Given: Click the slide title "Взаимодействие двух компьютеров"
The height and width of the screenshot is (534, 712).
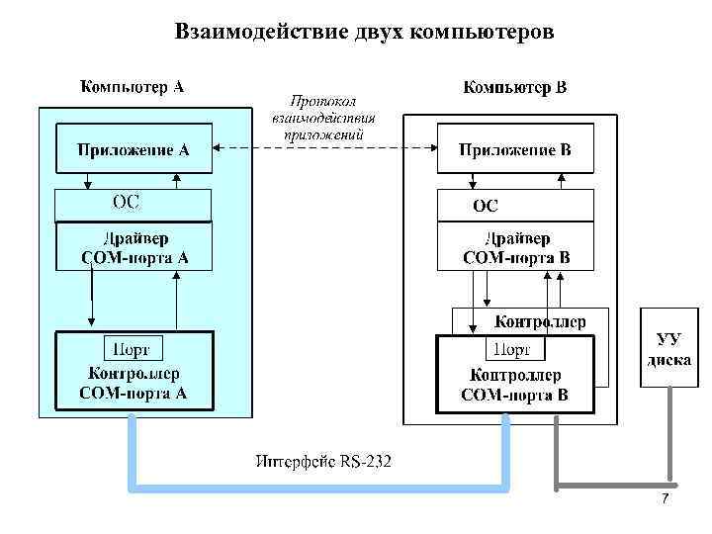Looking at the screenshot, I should pos(365,33).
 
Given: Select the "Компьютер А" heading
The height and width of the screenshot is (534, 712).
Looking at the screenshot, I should pos(132,86).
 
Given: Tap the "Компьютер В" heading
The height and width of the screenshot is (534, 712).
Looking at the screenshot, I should pos(515,88).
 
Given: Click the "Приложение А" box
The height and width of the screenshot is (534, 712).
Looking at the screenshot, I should pos(133,150).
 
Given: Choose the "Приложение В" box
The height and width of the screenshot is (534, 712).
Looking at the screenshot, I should pos(515,150).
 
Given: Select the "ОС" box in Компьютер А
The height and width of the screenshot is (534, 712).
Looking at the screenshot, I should pos(133,204).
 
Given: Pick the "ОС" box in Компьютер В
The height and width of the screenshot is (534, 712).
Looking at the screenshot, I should pos(515,206).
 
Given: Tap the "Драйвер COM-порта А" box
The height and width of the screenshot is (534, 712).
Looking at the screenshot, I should pos(133,248).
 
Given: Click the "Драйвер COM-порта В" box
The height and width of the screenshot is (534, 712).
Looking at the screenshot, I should pos(515,248).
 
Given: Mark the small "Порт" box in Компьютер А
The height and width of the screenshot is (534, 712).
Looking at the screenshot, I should pos(133,348).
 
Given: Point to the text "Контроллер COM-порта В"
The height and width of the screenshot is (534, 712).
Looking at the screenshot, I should pos(514,386).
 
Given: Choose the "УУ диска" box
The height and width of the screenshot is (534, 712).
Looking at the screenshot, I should pos(668,349).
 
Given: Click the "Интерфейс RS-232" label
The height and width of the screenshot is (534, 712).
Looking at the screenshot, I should pos(323,460).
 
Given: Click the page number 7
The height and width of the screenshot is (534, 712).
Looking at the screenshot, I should pos(665,498).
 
